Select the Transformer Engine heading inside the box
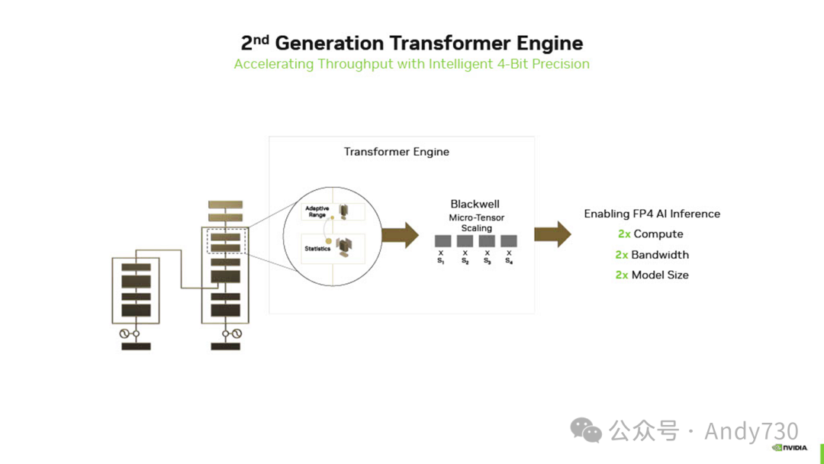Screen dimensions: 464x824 coord(396,152)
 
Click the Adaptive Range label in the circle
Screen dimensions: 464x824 coord(317,211)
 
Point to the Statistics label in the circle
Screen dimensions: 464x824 coord(317,249)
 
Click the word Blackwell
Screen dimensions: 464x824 coord(476,205)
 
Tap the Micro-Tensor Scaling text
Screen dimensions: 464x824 coord(476,223)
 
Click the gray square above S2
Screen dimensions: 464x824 coord(465,241)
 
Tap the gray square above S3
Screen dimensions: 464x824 coord(487,241)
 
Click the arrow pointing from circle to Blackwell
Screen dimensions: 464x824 coord(400,234)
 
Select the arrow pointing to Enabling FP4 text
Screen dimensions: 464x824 coord(552,234)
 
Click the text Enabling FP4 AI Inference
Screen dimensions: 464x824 coord(652,214)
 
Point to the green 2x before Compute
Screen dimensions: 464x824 coord(624,234)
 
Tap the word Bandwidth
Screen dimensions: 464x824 coord(660,255)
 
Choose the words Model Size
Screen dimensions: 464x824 coord(660,275)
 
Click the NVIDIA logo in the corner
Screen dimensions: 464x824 coord(790,448)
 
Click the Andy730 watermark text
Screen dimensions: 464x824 coord(752,431)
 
